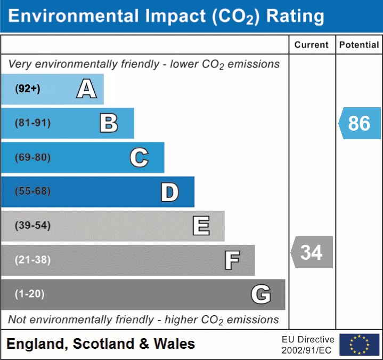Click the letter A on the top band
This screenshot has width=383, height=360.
[x=87, y=89]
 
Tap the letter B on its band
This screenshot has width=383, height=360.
[x=109, y=123]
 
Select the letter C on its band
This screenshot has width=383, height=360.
[x=139, y=158]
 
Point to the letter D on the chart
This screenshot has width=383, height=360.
[x=169, y=192]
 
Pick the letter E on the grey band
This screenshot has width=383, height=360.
[x=201, y=226]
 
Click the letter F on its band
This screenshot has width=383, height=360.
[x=232, y=261]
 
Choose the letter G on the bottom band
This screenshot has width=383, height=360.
[x=261, y=294]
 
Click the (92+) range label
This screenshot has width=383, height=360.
[x=28, y=89]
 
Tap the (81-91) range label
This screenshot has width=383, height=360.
[x=32, y=123]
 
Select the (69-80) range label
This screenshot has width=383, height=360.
[x=32, y=158]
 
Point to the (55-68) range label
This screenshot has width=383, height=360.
[x=32, y=191]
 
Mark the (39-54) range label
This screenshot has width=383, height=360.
[x=32, y=226]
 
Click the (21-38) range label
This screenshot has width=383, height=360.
[x=32, y=260]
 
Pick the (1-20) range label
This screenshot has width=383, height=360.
[x=30, y=294]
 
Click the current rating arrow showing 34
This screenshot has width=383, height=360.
[x=312, y=252]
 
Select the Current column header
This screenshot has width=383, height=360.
[x=312, y=45]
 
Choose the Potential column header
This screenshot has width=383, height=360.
[x=359, y=45]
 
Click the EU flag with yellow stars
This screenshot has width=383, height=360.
[x=359, y=345]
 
